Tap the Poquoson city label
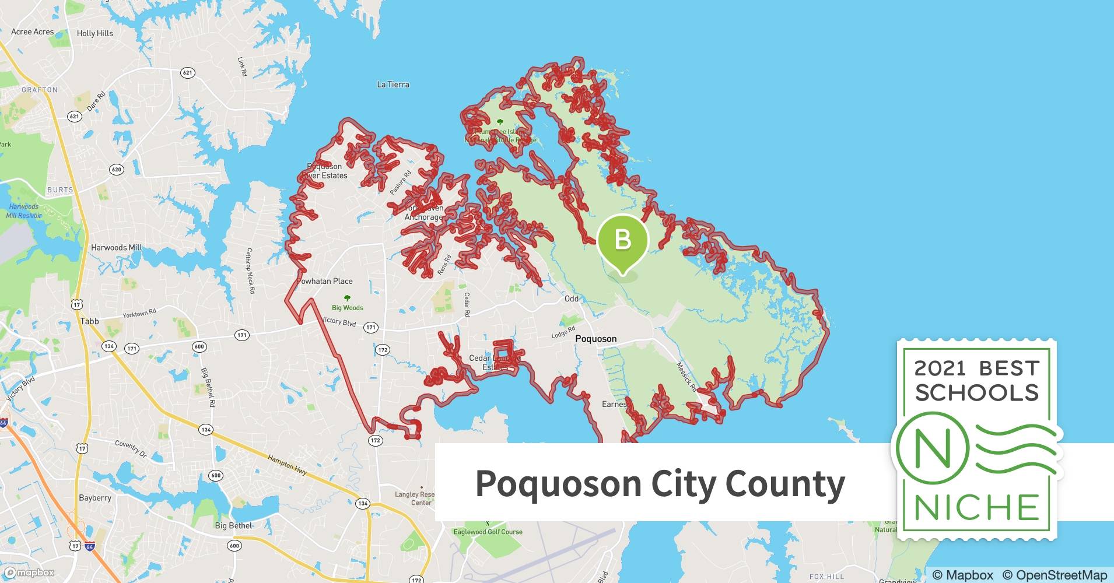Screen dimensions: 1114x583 tap(595, 339)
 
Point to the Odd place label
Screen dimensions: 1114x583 tap(572, 298)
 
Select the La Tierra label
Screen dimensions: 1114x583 tap(393, 85)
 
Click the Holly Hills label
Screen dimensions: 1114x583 tap(95, 33)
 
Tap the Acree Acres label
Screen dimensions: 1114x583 tap(33, 31)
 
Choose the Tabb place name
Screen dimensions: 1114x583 tap(90, 321)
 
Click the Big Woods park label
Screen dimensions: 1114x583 tap(348, 307)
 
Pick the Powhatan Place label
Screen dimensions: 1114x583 tap(325, 281)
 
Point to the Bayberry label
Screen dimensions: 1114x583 tap(95, 498)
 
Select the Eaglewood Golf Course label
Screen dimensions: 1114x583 tap(488, 532)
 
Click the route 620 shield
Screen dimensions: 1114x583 tap(117, 170)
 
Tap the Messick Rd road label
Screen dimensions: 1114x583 tap(686, 376)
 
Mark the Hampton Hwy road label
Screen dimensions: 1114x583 tap(288, 464)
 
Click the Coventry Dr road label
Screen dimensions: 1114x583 tap(131, 447)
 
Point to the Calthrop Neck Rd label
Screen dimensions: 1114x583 tap(250, 271)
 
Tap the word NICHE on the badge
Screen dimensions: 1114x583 tap(976, 507)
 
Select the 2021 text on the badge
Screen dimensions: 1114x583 tap(940, 368)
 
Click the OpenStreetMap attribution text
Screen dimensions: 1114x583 tap(1055, 575)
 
